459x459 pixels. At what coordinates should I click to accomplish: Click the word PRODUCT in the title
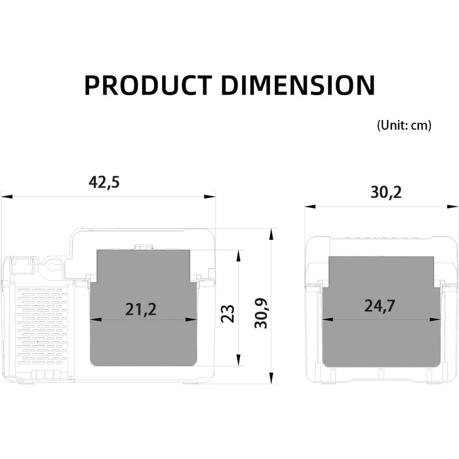pos(148,85)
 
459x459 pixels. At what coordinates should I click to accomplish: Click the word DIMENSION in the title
pos(298,85)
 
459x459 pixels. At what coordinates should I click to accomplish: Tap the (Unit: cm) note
pos(404,125)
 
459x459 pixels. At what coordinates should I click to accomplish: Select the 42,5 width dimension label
pos(104,183)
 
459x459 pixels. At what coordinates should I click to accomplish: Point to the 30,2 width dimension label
pos(386,193)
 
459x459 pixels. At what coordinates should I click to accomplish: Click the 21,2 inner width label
pos(141,309)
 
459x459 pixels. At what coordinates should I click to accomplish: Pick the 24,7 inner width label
pos(380,306)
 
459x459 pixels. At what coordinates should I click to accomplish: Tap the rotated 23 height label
pos(228,314)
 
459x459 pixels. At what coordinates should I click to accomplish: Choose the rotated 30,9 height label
pos(261,313)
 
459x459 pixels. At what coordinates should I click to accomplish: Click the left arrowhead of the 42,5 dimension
pos(7,197)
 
